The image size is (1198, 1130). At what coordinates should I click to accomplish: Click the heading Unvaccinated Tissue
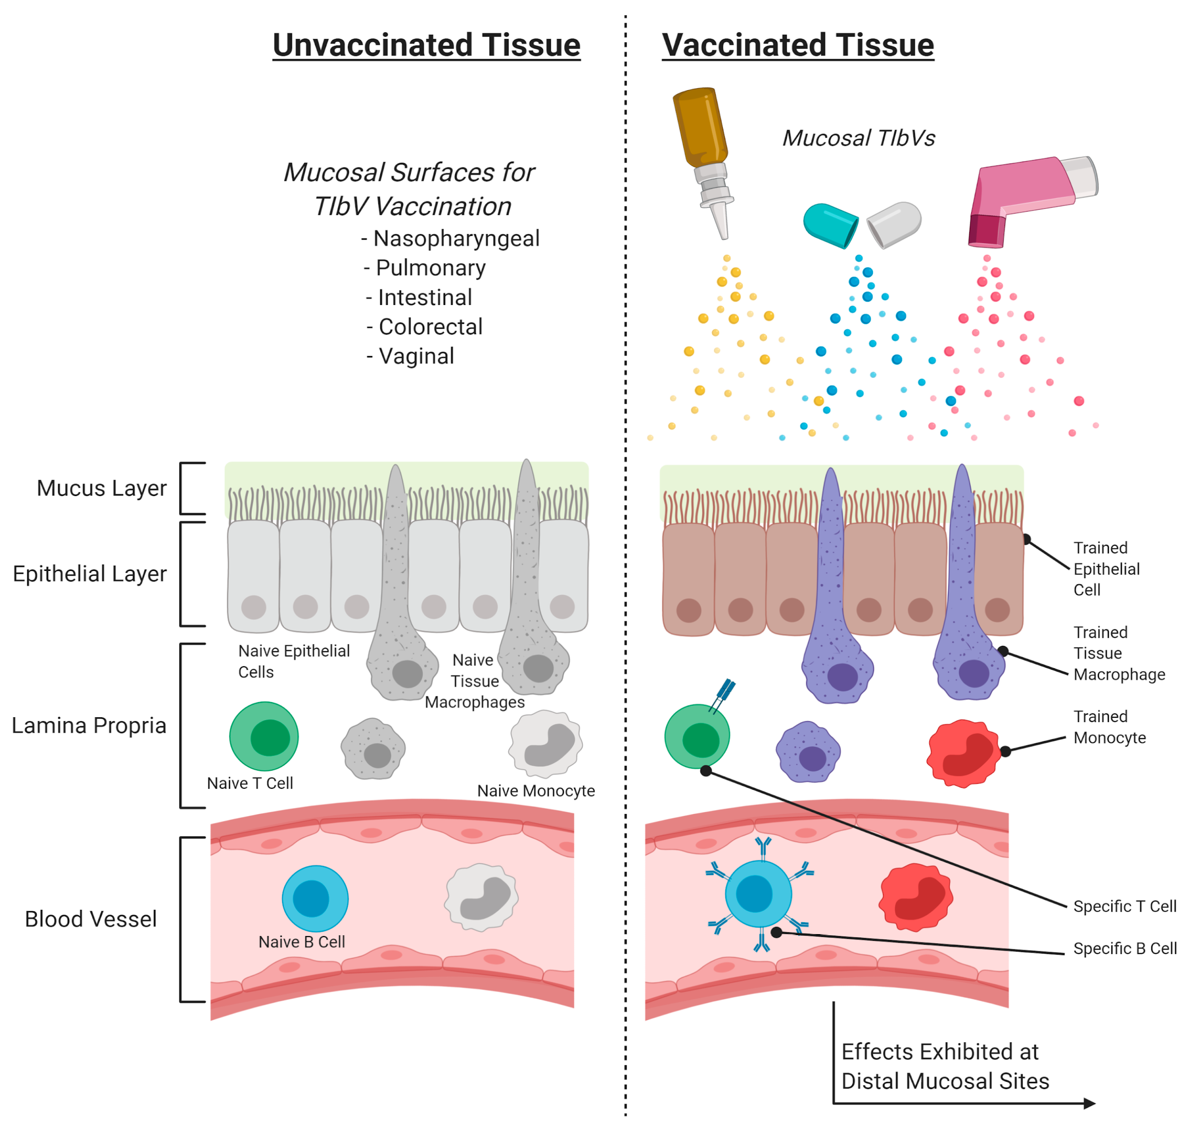point(426,46)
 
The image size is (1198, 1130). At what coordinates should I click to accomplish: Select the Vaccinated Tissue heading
point(798,46)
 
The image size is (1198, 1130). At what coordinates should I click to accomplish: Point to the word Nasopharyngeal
point(456,239)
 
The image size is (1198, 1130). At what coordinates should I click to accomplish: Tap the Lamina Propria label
point(89,725)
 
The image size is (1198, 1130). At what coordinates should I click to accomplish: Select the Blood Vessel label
point(91,919)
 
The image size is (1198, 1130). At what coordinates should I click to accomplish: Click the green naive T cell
point(264,736)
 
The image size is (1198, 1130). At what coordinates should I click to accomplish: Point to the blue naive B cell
point(315,898)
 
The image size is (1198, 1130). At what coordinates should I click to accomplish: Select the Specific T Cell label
point(1125,906)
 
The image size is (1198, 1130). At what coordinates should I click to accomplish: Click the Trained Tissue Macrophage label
point(1119,653)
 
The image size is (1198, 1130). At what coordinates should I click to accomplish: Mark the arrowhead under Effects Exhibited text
point(1089,1103)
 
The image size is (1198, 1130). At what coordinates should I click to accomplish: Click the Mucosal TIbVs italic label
point(859,138)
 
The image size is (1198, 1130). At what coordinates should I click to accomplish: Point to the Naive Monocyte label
point(536,791)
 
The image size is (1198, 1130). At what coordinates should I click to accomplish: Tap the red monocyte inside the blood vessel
point(916,897)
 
